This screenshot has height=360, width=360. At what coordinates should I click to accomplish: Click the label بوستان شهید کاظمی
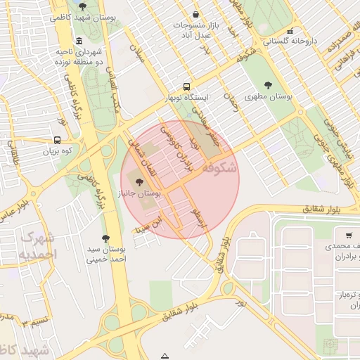coord(78,15)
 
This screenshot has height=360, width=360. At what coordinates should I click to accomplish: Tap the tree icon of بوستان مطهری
coord(269,84)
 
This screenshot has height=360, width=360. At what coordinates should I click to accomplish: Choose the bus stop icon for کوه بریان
coord(57,139)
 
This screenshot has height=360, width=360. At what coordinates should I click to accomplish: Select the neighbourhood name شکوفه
coord(219,169)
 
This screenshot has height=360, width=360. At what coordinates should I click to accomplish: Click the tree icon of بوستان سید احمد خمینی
coord(105,239)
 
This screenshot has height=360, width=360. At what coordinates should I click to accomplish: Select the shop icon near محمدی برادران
coord(349,236)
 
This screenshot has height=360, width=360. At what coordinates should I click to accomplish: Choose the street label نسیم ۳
coord(35,322)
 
